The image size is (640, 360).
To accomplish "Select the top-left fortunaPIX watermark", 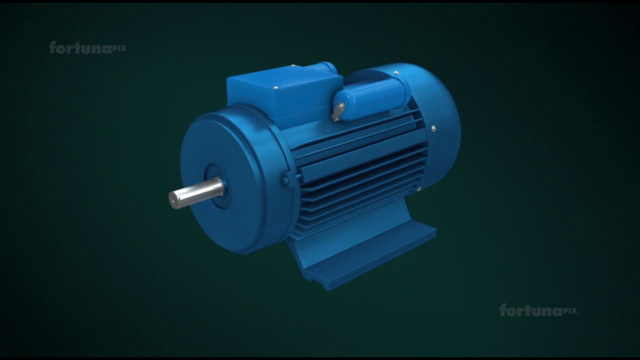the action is (x=87, y=47).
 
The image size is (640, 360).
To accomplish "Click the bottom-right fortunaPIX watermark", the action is (x=538, y=310).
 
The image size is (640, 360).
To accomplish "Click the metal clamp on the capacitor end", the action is (x=338, y=111).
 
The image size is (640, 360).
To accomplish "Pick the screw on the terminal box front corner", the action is (x=275, y=87).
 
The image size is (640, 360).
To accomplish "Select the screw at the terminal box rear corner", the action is (x=292, y=65).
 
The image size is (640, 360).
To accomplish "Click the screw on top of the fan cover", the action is (x=395, y=73).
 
